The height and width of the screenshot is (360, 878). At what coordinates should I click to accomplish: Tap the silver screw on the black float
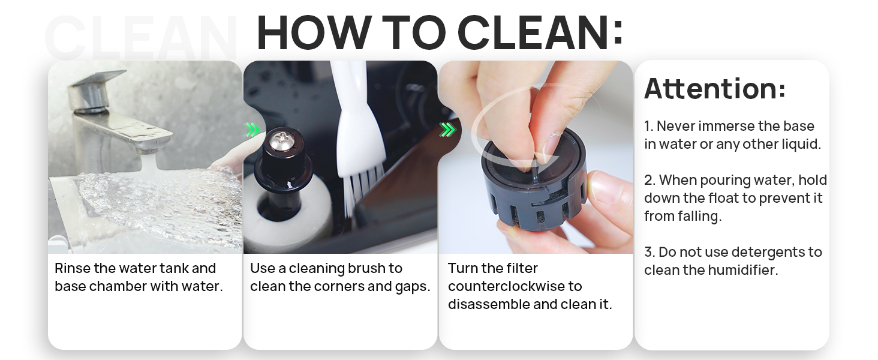coord(280,142)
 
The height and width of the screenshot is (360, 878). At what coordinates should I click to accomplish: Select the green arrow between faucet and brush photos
coord(252,130)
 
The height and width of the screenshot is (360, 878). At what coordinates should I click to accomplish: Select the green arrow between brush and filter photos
coord(447,130)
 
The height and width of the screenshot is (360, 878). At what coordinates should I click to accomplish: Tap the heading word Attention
coord(714,89)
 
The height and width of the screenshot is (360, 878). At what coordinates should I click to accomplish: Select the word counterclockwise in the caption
coord(515,286)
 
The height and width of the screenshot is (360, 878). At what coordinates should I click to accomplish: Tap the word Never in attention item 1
coord(675,126)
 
